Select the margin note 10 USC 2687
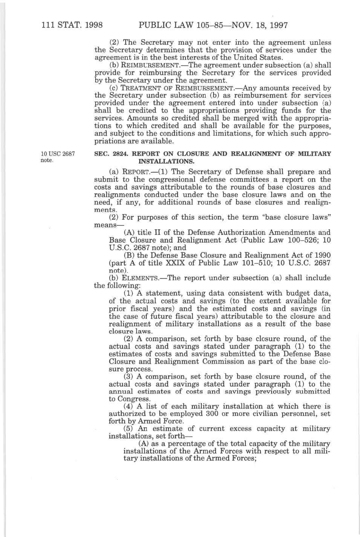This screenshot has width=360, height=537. tap(58, 154)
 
